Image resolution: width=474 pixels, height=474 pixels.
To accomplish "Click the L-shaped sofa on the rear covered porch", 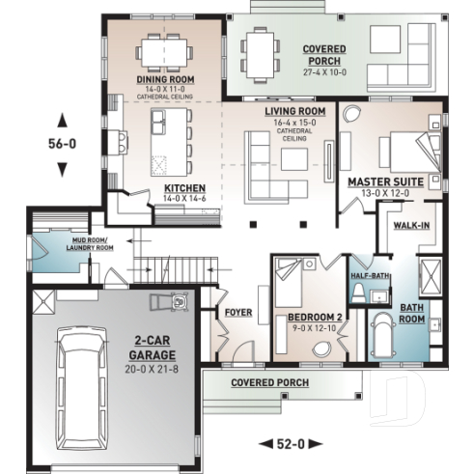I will click(391, 56).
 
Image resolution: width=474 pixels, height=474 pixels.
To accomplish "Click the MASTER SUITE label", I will click(381, 180).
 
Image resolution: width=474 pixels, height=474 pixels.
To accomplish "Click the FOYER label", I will click(237, 312).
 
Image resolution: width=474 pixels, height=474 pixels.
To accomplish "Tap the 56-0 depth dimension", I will click(63, 145).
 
